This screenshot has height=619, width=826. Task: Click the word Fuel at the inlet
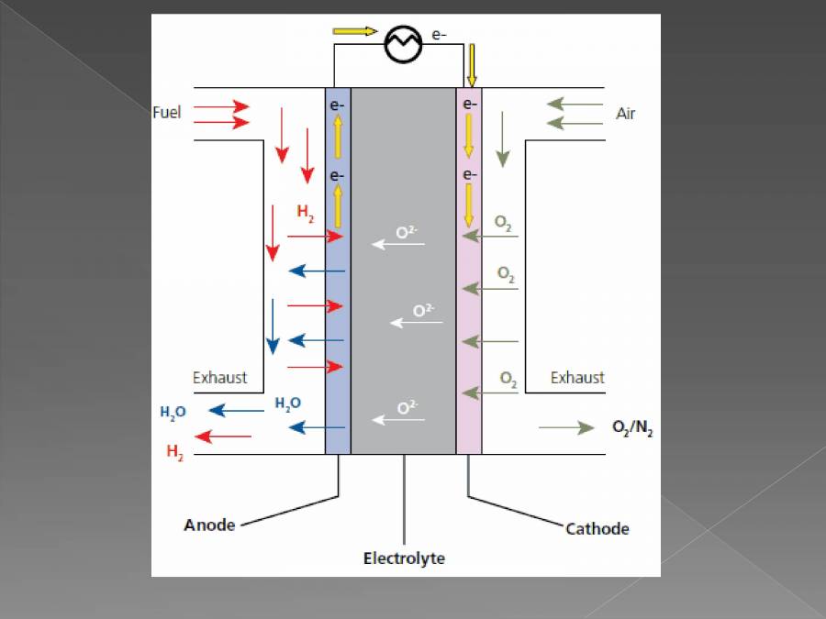click(166, 113)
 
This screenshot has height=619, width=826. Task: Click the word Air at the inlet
click(625, 114)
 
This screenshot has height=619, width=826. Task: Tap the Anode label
click(209, 525)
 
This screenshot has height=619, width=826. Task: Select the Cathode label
click(597, 528)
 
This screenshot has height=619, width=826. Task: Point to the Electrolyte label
click(404, 558)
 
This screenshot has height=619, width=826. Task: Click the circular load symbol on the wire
click(402, 44)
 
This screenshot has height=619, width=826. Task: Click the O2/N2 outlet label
click(632, 428)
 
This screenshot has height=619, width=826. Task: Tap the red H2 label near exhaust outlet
click(174, 452)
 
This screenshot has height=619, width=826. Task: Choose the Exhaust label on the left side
click(219, 377)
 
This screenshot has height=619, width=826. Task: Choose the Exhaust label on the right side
click(577, 377)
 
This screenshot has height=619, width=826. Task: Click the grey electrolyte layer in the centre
click(404, 275)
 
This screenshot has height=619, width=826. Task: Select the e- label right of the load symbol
click(439, 34)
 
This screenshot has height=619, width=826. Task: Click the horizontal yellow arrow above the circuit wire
click(354, 31)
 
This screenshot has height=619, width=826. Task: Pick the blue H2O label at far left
click(173, 413)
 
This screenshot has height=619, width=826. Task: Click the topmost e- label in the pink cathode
click(469, 105)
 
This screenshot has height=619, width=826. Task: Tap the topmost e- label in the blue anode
click(338, 105)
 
